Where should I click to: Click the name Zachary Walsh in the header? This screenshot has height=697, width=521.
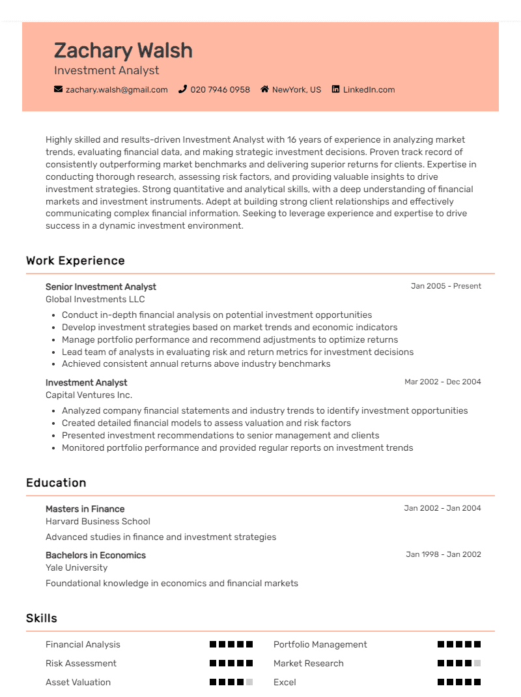(123, 50)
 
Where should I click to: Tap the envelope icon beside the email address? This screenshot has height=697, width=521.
(59, 89)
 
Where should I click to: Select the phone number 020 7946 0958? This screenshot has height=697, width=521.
(220, 89)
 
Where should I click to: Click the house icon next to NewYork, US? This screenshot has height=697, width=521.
(264, 89)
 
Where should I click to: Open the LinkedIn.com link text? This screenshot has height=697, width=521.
(369, 89)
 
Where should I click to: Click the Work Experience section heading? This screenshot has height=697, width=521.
(76, 261)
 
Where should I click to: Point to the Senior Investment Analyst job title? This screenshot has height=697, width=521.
(101, 287)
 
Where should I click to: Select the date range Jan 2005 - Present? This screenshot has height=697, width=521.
(446, 286)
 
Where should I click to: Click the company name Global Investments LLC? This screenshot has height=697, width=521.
(95, 299)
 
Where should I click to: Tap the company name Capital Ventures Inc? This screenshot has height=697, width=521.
(89, 395)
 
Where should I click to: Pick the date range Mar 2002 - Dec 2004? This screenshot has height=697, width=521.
(443, 382)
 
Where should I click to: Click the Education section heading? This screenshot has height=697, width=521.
(56, 483)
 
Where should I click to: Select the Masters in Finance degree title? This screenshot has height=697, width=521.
(85, 509)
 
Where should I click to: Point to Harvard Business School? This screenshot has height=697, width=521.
(98, 521)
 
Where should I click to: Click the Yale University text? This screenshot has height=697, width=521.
(76, 567)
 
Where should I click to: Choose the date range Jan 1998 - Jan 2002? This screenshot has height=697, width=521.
(444, 554)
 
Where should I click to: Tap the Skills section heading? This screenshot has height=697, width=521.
(42, 618)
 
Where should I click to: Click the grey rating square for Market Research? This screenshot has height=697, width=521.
(477, 663)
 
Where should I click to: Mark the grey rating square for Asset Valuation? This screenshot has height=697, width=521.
(249, 682)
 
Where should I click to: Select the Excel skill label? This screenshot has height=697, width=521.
(285, 682)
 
